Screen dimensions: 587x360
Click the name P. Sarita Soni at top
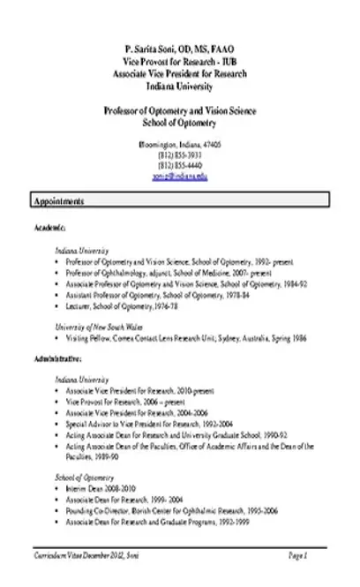coord(180,46)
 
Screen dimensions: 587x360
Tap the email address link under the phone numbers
coord(180,177)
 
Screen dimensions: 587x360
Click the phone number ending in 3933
coord(180,154)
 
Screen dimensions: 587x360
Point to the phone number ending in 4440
coord(180,165)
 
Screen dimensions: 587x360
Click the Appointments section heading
coord(60,201)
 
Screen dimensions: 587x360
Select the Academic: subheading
coord(49,227)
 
